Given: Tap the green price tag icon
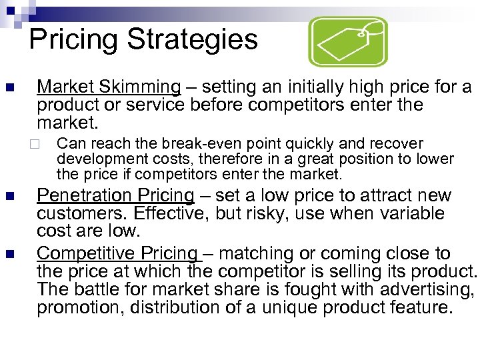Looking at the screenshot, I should [x=349, y=41].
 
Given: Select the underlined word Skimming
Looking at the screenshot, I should [x=141, y=87].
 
